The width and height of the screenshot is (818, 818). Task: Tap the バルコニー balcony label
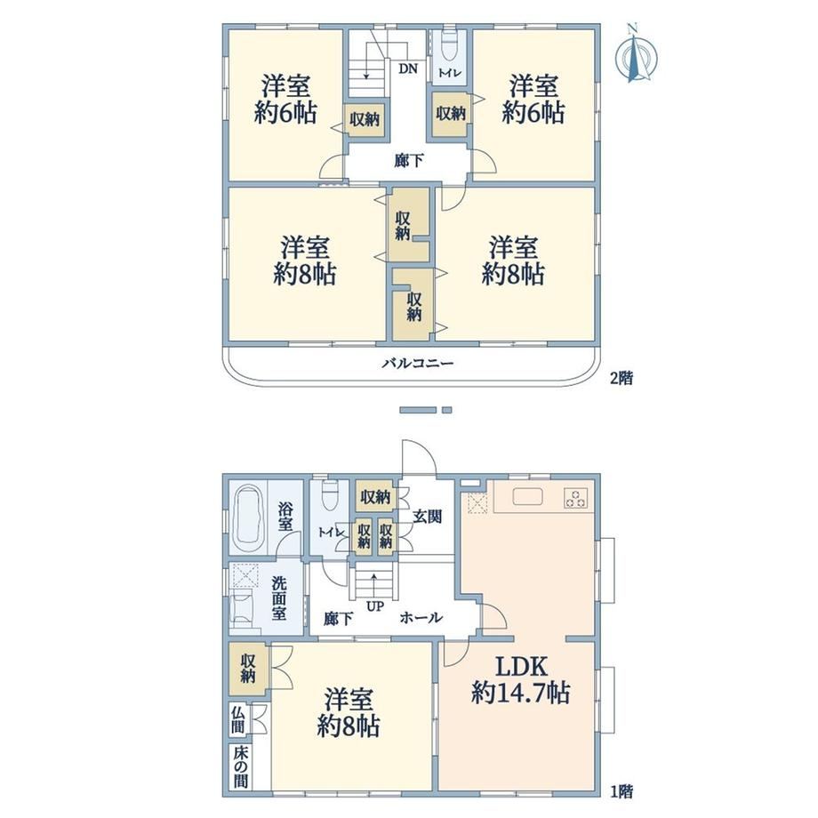pos(418,363)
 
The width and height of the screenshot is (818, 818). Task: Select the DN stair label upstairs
pos(408,68)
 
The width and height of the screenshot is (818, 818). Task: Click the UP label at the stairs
pos(374,606)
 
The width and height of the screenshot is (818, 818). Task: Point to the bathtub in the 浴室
pos(248,518)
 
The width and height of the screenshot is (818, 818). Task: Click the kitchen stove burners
pos(576,497)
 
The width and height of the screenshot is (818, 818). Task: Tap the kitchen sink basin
pos(528,496)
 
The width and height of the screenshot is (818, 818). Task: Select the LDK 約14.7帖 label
pos(520,680)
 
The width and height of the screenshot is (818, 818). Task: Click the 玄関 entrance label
pos(428,516)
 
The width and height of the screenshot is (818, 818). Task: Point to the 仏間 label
pos(237,719)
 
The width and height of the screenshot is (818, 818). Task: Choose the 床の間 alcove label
pos(240,767)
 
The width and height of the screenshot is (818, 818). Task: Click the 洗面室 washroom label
pos(279,597)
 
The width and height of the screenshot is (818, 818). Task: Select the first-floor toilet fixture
pos(330,495)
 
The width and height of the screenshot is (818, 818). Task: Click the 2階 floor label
pos(622,378)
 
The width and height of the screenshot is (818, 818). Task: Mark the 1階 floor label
pos(622,792)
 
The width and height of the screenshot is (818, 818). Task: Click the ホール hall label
pos(421,618)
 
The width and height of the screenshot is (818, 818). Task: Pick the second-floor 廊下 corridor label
pos(408,161)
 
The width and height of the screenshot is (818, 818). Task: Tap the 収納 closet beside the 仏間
pos(248,669)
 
